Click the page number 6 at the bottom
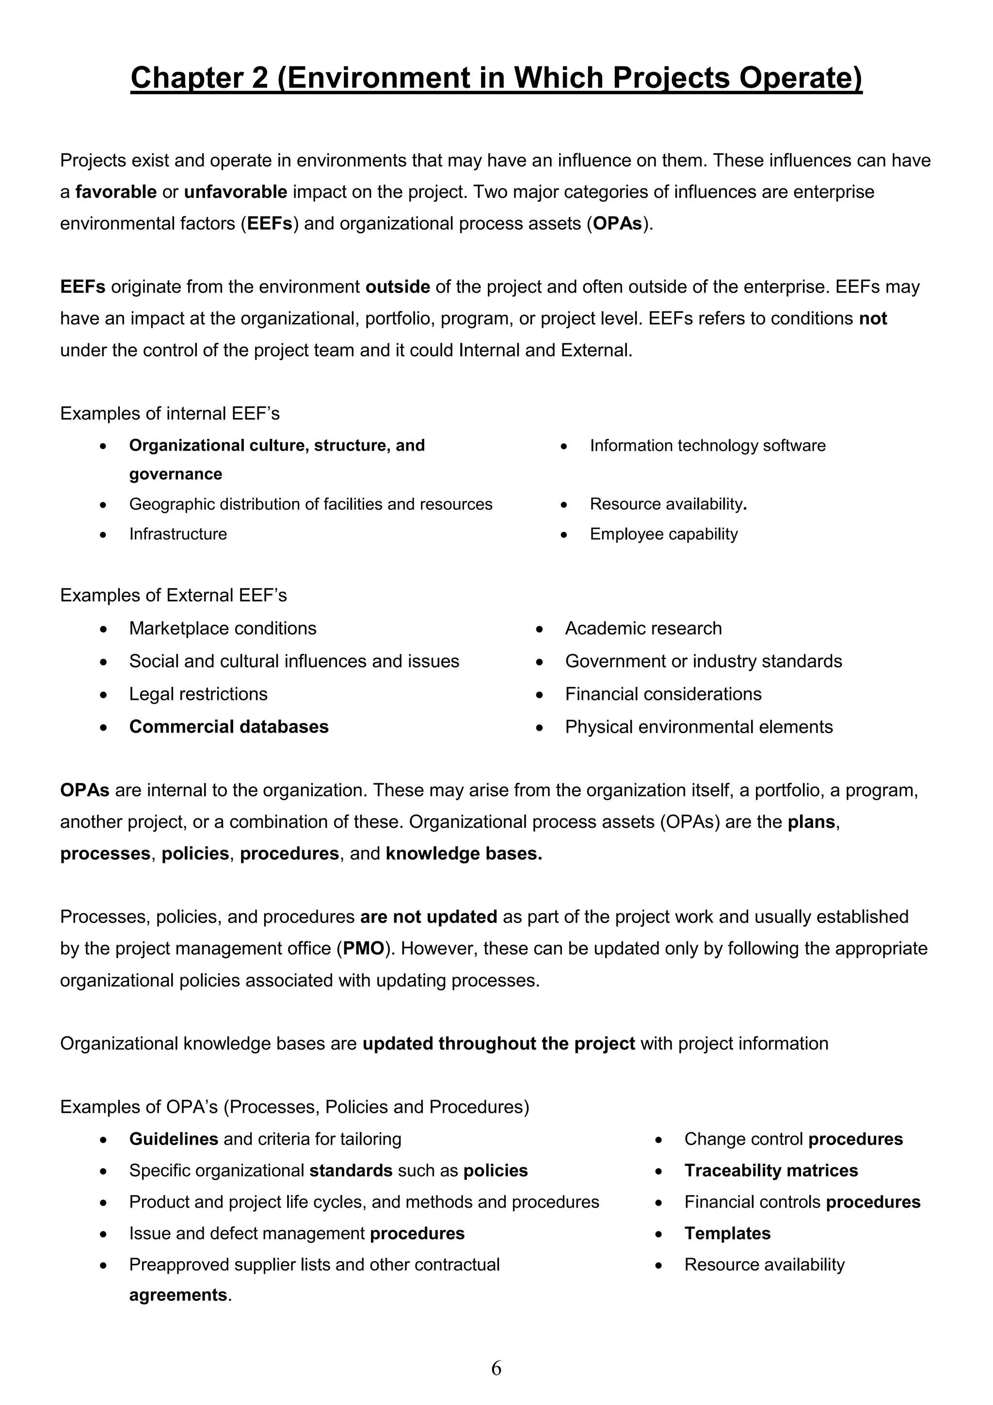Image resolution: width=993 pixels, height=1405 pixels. point(496,1368)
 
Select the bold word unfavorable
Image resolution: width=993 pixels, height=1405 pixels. point(236,192)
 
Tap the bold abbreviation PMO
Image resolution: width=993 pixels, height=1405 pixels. point(364,949)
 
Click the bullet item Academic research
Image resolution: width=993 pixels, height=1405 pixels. point(643,629)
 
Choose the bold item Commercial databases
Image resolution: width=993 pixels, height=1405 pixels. point(229,727)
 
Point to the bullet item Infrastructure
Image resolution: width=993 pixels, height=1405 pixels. point(178,534)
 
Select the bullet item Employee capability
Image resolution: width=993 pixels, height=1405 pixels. point(664,534)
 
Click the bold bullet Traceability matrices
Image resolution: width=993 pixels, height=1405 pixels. point(771,1171)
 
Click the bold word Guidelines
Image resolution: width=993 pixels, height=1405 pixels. point(174,1139)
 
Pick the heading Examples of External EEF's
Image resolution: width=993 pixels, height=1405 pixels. point(173,596)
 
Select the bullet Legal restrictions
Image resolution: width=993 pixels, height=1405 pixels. point(198,694)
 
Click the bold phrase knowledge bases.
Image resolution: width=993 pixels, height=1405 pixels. point(464,854)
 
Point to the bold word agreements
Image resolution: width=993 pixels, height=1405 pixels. point(178,1295)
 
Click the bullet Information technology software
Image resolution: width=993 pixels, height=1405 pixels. point(707,446)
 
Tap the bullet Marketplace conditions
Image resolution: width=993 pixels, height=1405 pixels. point(223,629)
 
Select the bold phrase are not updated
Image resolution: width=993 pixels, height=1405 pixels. point(428,917)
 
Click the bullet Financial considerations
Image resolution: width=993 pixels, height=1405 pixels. point(663,694)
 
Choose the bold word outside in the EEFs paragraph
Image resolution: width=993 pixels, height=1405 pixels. point(398,287)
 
